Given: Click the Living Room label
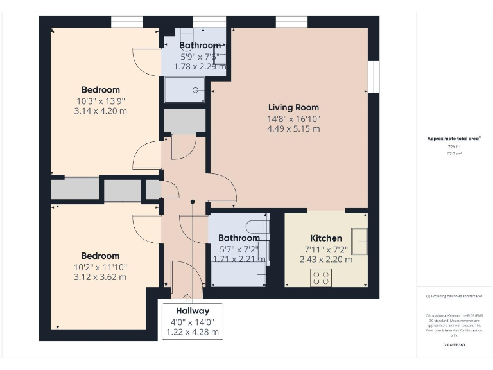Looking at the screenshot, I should click(x=293, y=107).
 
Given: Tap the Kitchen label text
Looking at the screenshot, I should click(x=326, y=238).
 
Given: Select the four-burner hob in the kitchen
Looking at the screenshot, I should click(x=321, y=277).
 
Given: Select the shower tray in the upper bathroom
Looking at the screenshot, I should click(x=185, y=90).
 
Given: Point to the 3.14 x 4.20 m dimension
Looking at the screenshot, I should click(x=100, y=110).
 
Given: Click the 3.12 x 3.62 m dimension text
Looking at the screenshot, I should click(x=100, y=277).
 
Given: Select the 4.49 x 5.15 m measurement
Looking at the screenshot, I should click(x=293, y=128).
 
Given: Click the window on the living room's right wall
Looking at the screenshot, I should click(x=372, y=77).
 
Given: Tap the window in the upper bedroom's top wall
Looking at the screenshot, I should click(x=126, y=22).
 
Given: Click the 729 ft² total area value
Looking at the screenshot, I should click(x=454, y=147).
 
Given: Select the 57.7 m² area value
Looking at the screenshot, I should click(x=454, y=154).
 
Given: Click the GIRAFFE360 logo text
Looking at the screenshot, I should click(x=454, y=346).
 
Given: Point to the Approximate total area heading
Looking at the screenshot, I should click(x=454, y=139).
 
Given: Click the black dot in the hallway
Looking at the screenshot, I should click(x=193, y=202).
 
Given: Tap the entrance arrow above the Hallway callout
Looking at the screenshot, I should click(x=188, y=297).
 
